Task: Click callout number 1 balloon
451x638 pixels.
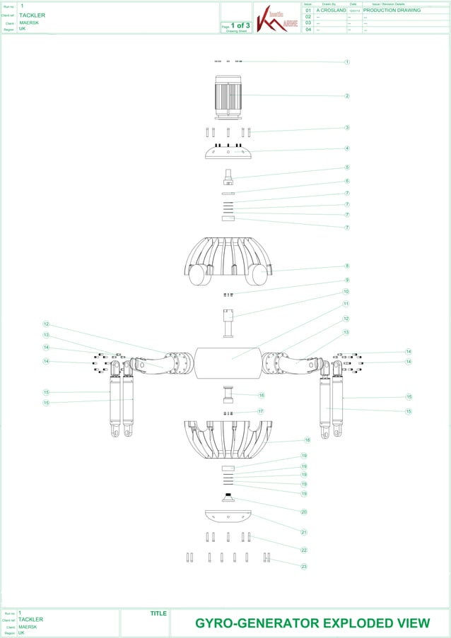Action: pos(347,62)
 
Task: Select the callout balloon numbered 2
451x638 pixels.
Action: pos(347,95)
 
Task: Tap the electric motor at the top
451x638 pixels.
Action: pos(228,95)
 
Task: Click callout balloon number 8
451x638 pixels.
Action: pos(347,266)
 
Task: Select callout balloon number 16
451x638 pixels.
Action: pos(261,396)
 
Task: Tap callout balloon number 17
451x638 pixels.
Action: pos(261,410)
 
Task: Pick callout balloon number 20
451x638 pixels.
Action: pos(303,511)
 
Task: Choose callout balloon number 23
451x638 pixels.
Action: pos(303,566)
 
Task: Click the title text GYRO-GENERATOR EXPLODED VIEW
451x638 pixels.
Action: pos(312,623)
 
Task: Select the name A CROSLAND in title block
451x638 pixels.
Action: pos(331,11)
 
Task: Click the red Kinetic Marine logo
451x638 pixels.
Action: pos(273,18)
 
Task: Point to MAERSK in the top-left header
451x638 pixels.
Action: pos(29,23)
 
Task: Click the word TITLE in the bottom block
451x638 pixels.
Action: pos(158,613)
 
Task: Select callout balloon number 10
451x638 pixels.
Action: pos(346,292)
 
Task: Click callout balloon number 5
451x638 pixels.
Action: pos(347,167)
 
